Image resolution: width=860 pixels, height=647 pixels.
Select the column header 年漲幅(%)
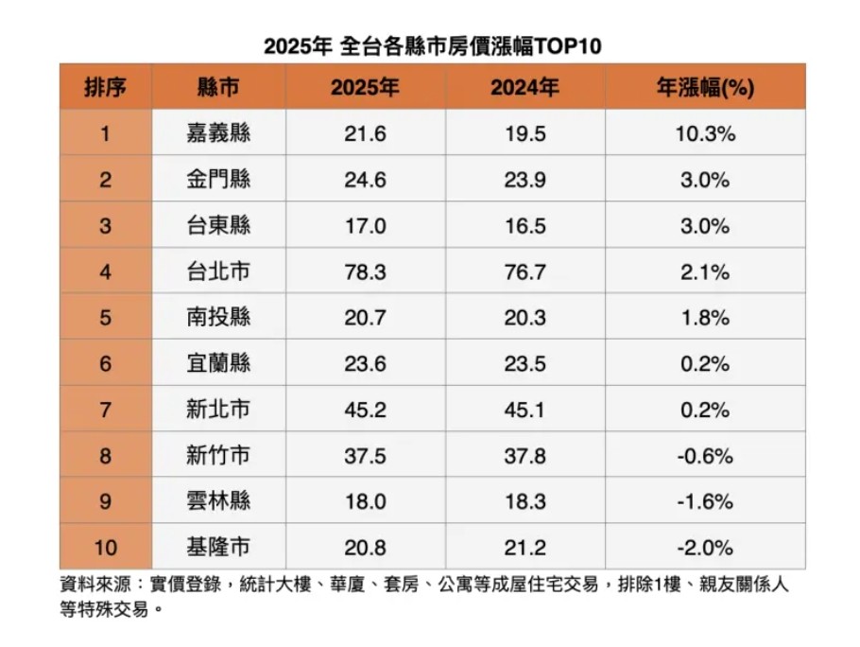(x=705, y=88)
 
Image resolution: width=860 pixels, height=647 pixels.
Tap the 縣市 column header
(x=218, y=88)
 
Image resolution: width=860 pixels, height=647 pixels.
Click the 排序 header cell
(x=105, y=88)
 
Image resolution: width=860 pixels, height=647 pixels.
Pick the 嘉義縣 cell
(x=218, y=133)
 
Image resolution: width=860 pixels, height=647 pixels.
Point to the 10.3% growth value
(x=705, y=133)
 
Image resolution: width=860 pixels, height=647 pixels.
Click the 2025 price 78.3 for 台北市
(x=365, y=272)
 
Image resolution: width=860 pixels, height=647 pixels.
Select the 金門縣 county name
(x=218, y=180)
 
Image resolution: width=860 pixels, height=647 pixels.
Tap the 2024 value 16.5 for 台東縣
(x=525, y=226)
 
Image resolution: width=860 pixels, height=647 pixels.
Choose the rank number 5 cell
(x=105, y=318)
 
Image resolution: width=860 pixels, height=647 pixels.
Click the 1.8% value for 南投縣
(x=705, y=318)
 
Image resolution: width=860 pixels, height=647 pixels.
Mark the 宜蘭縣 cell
(x=218, y=364)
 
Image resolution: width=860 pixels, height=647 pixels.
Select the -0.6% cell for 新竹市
(x=705, y=456)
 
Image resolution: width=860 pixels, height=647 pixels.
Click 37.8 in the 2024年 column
(x=525, y=456)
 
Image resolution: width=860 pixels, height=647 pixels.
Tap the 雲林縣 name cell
(x=218, y=501)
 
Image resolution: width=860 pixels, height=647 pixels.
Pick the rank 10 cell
(x=105, y=548)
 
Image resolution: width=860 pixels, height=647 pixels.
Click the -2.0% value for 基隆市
(x=705, y=548)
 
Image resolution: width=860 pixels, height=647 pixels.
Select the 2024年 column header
(x=525, y=88)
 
